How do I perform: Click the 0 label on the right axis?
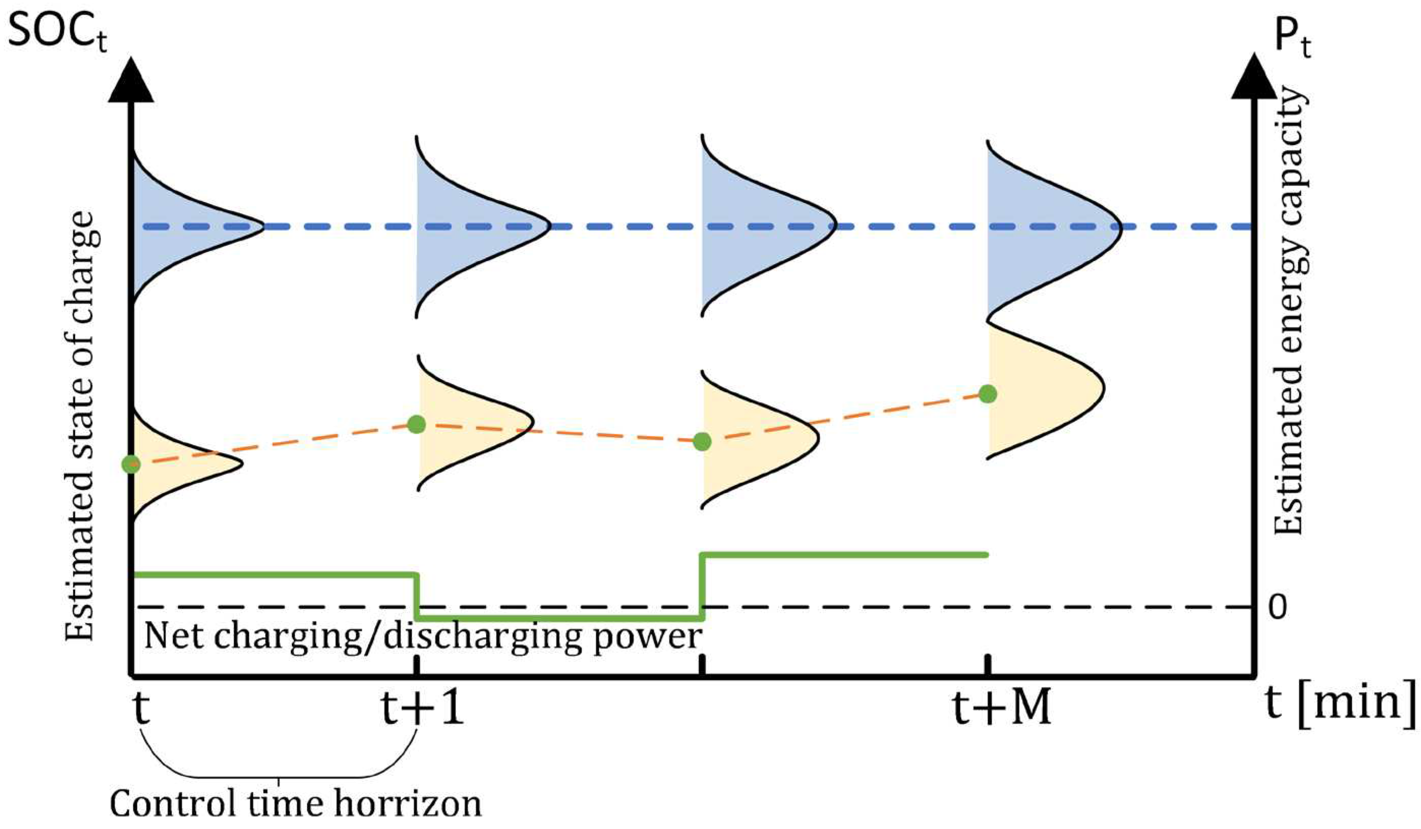coord(1278,607)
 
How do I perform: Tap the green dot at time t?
coord(131,464)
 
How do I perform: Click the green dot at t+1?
coord(416,424)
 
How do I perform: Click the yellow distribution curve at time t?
coord(175,464)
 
